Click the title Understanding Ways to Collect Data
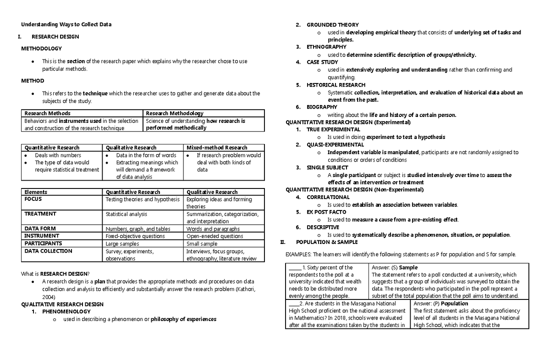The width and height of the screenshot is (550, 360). pyautogui.click(x=66, y=24)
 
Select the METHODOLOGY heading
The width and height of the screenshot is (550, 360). pyautogui.click(x=41, y=48)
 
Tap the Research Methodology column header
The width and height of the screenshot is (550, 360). pyautogui.click(x=175, y=113)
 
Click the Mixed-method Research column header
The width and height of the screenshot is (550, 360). pyautogui.click(x=216, y=148)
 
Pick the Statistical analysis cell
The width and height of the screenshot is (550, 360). pyautogui.click(x=126, y=214)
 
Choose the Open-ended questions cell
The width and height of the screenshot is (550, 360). pyautogui.click(x=214, y=236)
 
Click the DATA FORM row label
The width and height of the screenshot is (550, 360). pyautogui.click(x=40, y=229)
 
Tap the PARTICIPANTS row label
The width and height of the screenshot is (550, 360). pyautogui.click(x=43, y=244)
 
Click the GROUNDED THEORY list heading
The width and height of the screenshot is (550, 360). pyautogui.click(x=333, y=25)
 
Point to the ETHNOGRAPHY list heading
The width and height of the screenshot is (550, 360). pyautogui.click(x=326, y=47)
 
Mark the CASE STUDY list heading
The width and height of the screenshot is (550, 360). pyautogui.click(x=322, y=62)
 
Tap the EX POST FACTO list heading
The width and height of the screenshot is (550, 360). pyautogui.click(x=326, y=212)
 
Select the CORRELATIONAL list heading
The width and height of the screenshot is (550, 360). pyautogui.click(x=328, y=197)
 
